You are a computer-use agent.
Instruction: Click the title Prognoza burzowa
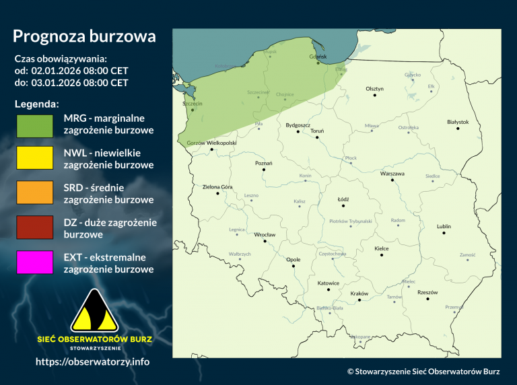[x=84, y=36]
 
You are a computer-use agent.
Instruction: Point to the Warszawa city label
[x=392, y=173]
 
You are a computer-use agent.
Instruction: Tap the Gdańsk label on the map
[x=317, y=57]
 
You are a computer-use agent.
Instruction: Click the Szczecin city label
[x=192, y=104]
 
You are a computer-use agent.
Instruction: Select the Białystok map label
[x=457, y=122]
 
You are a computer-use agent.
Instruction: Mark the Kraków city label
[x=359, y=294]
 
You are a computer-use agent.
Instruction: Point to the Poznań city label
[x=263, y=163]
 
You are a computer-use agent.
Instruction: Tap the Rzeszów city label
[x=427, y=292]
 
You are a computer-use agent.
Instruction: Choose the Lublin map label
[x=444, y=226]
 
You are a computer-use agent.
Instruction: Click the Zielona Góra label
[x=217, y=186]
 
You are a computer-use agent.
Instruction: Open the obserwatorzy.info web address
[x=92, y=361]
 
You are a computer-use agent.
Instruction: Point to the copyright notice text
[x=423, y=371]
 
